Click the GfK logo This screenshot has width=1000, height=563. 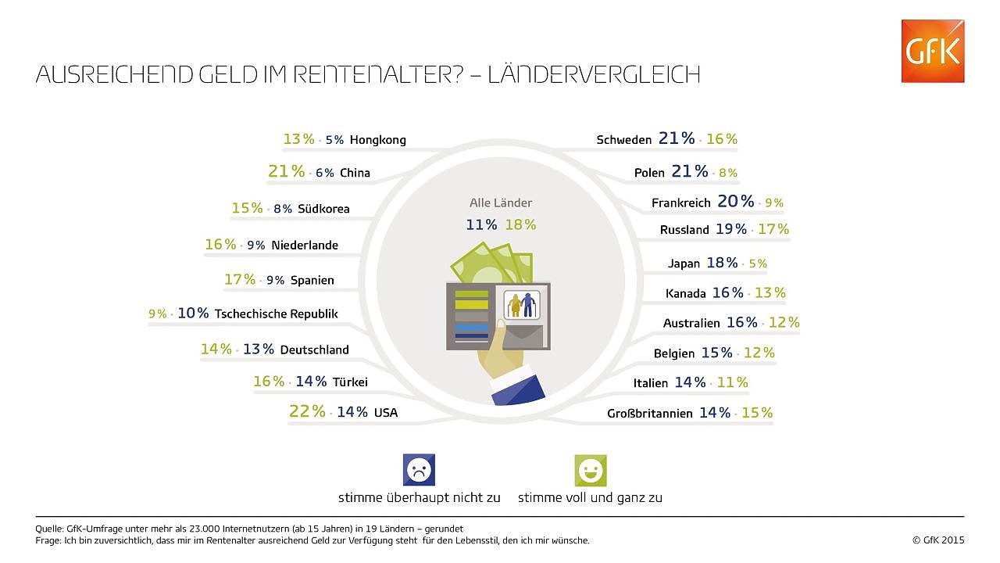coord(932,51)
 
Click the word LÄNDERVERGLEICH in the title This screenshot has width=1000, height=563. coord(594,75)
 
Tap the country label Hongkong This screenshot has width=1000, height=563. coord(378,141)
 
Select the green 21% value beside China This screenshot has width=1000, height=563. coord(286,171)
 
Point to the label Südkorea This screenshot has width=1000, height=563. coord(323,209)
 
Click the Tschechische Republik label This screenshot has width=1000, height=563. coord(277,314)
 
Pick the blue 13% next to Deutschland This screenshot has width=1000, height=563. coord(258,350)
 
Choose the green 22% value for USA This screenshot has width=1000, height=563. coord(307,411)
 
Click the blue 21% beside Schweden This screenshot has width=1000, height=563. coord(676,138)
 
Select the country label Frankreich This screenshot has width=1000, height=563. coord(680,203)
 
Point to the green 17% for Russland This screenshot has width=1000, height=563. coord(773,229)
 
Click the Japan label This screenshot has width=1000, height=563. coord(684,264)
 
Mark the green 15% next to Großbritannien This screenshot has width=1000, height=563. coord(756,412)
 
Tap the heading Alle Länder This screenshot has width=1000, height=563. coord(501,203)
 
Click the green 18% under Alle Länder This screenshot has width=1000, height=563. coord(520,225)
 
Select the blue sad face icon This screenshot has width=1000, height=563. coord(419,471)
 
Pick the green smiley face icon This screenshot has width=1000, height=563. coord(590,471)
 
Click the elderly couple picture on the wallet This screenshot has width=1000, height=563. coord(521,304)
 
